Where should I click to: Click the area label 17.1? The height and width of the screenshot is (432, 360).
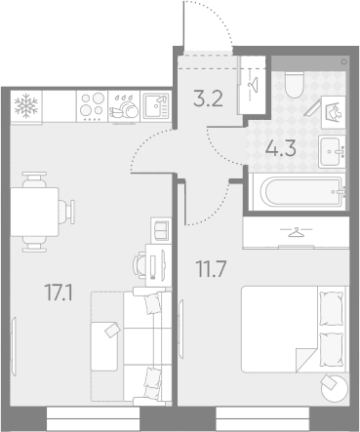click(59, 293)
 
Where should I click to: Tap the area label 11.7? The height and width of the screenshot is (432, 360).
click(211, 269)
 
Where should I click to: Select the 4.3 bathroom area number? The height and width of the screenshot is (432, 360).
click(281, 149)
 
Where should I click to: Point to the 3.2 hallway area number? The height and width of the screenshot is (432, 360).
click(208, 98)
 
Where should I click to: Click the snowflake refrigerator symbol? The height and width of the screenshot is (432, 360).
click(26, 106)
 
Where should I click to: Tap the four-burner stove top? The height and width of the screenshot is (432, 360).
click(93, 106)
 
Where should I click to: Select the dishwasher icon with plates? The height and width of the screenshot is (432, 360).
click(124, 106)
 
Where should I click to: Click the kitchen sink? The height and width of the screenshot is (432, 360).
click(156, 106)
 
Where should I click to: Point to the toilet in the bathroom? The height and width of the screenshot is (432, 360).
click(295, 85)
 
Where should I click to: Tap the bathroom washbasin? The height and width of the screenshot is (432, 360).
click(332, 151)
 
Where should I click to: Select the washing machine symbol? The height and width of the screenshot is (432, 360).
click(334, 112)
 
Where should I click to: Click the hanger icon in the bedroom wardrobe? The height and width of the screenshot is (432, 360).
click(296, 232)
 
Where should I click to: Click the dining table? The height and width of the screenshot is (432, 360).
click(35, 212)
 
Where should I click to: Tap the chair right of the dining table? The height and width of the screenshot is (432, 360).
click(66, 212)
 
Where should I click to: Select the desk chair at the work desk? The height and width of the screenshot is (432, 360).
click(140, 265)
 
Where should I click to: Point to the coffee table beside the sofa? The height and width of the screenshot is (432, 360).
click(104, 346)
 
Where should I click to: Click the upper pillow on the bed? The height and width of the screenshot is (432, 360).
click(331, 308)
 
